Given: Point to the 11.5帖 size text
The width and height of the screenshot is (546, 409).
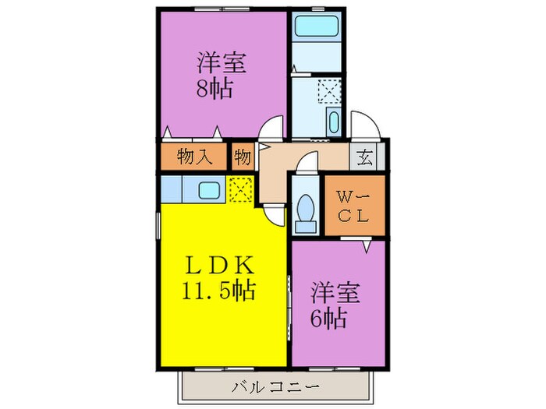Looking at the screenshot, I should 218,292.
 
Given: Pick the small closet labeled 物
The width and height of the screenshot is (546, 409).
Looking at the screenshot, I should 241,157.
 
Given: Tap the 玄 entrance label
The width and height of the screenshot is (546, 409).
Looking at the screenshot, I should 364,157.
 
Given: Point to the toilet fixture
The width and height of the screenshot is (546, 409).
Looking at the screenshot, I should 307,212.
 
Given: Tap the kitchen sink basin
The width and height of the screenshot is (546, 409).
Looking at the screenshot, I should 208,189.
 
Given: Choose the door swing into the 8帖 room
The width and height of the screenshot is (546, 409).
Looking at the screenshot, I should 271,127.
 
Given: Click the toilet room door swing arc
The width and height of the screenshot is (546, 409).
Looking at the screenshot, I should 310,162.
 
